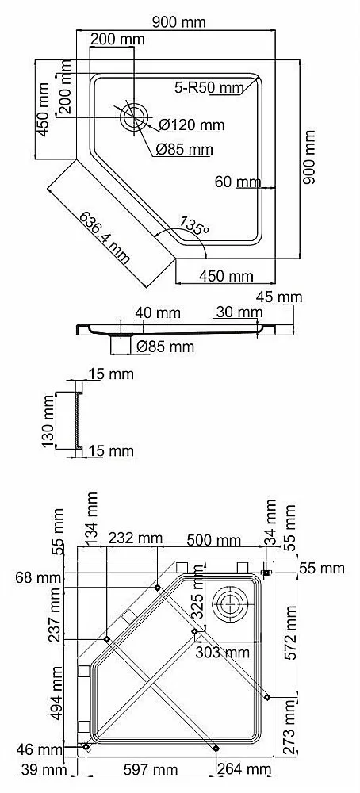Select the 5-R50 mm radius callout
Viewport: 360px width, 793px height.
[x=209, y=87]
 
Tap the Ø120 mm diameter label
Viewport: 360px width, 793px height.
[x=191, y=125]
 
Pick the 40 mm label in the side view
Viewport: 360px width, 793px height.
[x=157, y=313]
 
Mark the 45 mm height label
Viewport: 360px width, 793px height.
[x=279, y=297]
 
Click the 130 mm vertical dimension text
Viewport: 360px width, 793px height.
[x=48, y=421]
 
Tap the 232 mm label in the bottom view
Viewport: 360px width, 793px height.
[x=135, y=538]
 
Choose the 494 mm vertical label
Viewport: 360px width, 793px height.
[x=56, y=692]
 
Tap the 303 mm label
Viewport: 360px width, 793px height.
[x=222, y=652]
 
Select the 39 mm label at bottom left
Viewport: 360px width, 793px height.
[x=44, y=770]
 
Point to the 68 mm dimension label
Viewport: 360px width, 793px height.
[x=37, y=577]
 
